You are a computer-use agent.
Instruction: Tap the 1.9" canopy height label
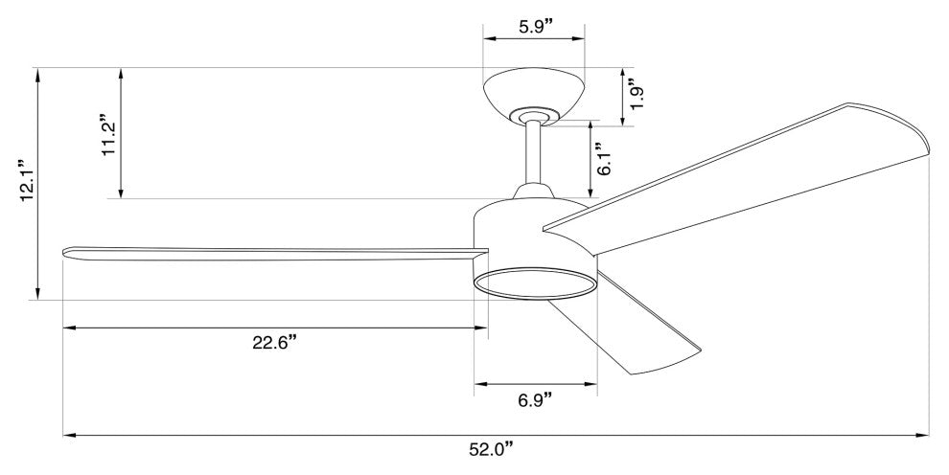pos(636,95)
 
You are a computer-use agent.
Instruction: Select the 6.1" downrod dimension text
pos(603,159)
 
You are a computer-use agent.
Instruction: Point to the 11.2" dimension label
pos(109,134)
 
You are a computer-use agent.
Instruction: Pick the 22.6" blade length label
pos(275,342)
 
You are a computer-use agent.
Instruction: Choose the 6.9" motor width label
pos(536,399)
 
